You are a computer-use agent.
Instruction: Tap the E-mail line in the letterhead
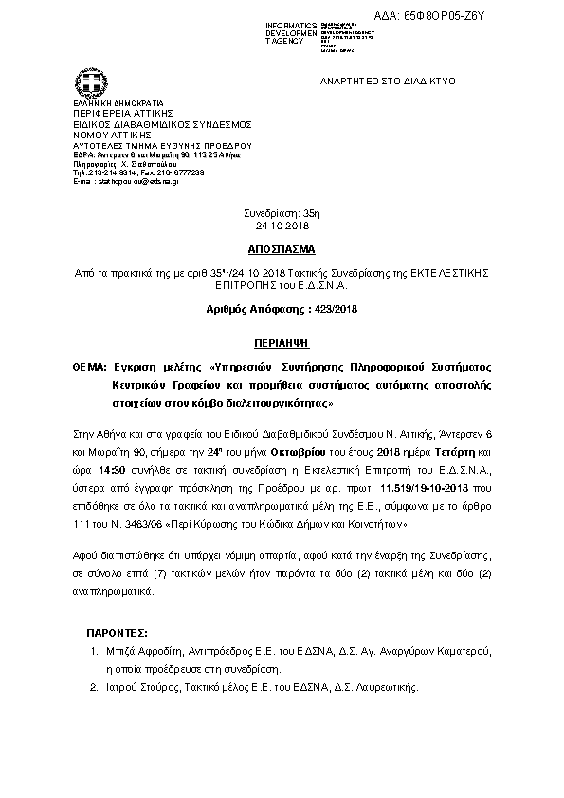tap(124, 181)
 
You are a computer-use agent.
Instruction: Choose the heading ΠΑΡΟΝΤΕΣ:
tap(117, 632)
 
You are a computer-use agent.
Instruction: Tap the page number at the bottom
tap(282, 749)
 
